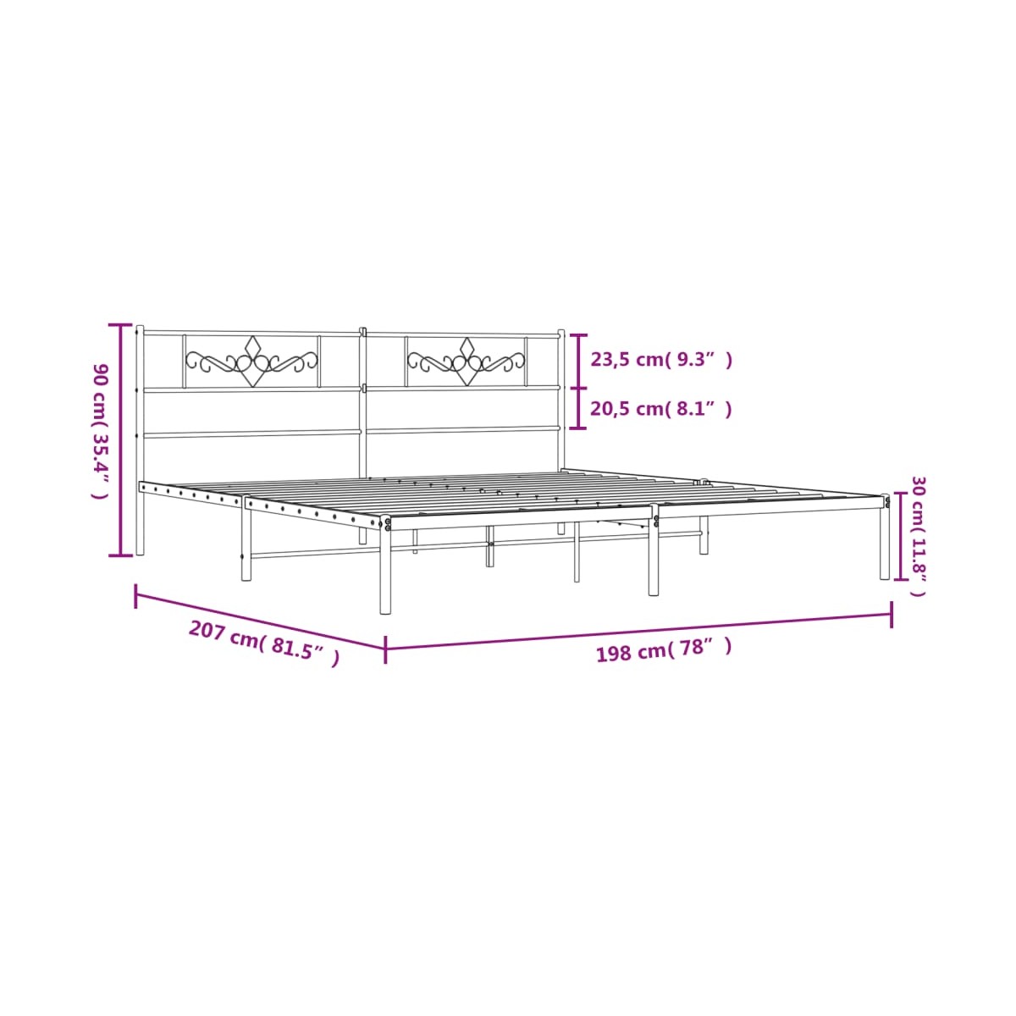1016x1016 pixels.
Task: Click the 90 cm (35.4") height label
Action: (100, 430)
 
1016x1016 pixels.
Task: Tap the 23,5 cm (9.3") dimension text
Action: (661, 360)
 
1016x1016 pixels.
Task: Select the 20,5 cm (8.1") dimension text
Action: (661, 409)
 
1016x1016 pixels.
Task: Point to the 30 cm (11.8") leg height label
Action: (918, 537)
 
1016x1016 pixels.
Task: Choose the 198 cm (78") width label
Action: (664, 649)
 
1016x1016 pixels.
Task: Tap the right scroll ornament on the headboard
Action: (466, 362)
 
